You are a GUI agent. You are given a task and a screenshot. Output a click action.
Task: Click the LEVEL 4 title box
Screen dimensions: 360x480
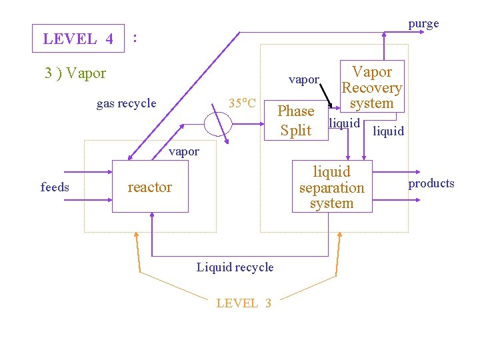[x=79, y=39]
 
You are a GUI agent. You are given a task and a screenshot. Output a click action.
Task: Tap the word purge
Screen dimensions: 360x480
[x=423, y=24]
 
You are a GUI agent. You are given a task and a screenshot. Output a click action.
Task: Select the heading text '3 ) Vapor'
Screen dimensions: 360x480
[x=75, y=73]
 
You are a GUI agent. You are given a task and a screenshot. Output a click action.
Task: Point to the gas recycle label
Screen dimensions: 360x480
[x=126, y=103]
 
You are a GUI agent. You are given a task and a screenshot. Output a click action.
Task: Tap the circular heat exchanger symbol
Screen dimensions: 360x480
[x=218, y=123]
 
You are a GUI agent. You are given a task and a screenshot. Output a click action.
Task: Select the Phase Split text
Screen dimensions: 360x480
[x=295, y=120]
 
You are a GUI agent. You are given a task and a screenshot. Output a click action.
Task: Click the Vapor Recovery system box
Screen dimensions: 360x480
[x=371, y=87]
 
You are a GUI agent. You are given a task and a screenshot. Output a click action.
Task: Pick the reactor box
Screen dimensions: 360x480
[x=151, y=187]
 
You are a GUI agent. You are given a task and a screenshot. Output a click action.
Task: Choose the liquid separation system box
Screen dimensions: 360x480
[x=331, y=187]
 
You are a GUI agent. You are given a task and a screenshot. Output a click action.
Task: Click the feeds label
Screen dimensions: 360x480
[x=55, y=187]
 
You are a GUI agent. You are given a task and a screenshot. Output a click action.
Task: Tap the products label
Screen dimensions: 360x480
[x=431, y=183]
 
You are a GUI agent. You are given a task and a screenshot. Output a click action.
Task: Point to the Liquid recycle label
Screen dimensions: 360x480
[x=235, y=267]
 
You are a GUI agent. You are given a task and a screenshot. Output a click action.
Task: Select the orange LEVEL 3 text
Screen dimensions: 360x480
[x=243, y=303]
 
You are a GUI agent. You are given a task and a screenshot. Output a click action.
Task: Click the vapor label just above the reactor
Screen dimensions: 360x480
[x=184, y=151]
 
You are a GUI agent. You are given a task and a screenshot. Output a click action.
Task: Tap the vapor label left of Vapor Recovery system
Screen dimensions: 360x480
[x=304, y=79]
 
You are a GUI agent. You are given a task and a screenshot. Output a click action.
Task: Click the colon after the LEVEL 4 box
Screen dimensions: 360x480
[x=135, y=38]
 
